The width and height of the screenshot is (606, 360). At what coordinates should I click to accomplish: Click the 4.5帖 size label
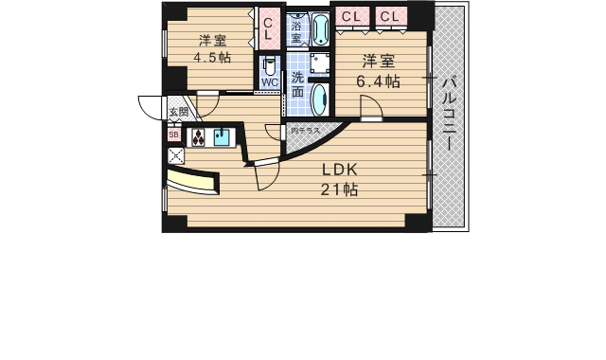coord(211,58)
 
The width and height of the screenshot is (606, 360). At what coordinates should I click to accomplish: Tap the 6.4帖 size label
coord(377,81)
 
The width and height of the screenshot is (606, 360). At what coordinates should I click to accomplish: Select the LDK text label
coord(338,171)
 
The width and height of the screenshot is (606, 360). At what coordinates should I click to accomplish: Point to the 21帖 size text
coord(338,189)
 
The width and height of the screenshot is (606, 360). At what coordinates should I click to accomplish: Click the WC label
coord(270,82)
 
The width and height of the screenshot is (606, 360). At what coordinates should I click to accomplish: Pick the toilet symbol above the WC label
coord(270,65)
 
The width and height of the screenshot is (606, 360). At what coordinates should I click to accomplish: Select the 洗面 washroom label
coord(297,84)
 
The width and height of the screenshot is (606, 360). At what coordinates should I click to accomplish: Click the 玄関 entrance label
coord(178,113)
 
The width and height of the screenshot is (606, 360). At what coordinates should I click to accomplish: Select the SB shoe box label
coord(173,135)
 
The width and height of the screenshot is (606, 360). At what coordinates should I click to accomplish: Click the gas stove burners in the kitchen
coord(199,138)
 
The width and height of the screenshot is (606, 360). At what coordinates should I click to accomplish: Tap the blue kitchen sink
coord(223,138)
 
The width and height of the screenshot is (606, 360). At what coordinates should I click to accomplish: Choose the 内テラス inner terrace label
coord(305,131)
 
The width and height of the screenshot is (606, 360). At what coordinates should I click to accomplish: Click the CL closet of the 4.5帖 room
coord(268,28)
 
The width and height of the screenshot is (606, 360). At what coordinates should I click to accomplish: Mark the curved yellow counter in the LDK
coord(193,182)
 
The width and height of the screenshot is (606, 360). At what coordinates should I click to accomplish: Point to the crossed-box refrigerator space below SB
coord(174,153)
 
